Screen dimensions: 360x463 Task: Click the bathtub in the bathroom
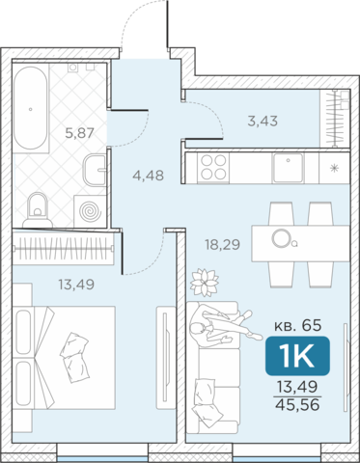point(31,108)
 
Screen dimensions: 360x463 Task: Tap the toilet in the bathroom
point(38,209)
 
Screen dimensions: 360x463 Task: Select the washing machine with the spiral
point(90,211)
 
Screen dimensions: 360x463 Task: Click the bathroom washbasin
point(96,170)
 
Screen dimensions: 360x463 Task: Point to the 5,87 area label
point(79,133)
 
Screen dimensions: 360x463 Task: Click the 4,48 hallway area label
point(149,176)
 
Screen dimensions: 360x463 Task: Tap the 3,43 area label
point(263,122)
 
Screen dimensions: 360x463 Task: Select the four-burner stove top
point(213,167)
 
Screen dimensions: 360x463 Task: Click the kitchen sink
point(288,167)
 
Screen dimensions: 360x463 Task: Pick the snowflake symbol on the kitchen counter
point(335,168)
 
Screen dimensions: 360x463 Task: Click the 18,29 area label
point(223,245)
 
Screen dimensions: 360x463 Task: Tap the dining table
point(300,243)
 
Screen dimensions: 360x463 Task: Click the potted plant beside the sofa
point(205,283)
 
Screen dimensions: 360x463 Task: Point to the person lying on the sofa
point(225,325)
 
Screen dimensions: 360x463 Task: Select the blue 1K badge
point(297,356)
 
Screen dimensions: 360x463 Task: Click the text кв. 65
point(297,326)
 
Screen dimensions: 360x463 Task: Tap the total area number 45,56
point(297,404)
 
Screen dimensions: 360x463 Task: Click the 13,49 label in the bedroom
point(76,285)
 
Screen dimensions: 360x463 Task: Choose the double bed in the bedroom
point(64,357)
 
